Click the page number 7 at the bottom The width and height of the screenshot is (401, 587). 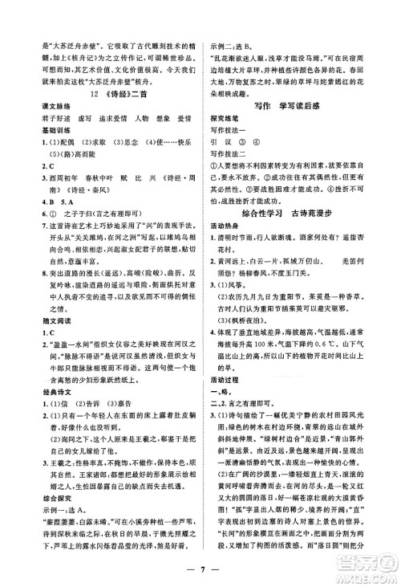click(x=200, y=573)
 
